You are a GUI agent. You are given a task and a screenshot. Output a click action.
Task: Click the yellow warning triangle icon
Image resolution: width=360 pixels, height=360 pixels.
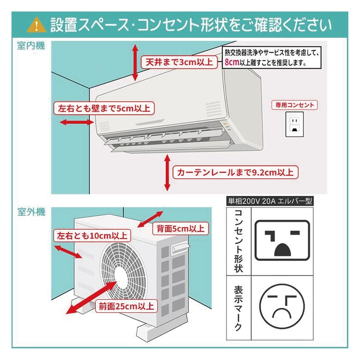point(36,24)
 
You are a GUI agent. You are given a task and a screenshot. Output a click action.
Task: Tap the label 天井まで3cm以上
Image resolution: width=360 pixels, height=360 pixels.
point(178,62)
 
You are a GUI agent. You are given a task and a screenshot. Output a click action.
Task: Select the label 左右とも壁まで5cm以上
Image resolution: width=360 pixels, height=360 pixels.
point(104,108)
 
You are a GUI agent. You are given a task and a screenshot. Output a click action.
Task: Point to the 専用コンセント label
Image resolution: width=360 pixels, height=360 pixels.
point(294,105)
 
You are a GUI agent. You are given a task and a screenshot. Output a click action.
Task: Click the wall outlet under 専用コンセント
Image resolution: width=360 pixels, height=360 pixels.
point(294,124)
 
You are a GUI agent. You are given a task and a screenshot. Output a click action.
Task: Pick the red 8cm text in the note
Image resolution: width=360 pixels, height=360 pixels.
point(231,63)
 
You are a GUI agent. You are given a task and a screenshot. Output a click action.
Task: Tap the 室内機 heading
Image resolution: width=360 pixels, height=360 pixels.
point(31,46)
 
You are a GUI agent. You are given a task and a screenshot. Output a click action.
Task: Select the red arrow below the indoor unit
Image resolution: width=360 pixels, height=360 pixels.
point(167,173)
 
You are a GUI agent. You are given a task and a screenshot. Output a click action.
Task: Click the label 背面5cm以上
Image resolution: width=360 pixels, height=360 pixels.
point(180,228)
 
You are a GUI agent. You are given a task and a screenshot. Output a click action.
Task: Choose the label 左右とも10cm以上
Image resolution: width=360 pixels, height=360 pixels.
point(92,236)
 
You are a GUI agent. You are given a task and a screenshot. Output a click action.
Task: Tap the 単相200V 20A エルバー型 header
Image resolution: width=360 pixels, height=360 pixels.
point(270,201)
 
